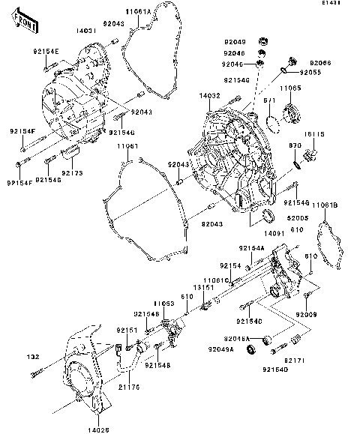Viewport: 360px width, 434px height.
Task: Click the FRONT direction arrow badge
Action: click(27, 22)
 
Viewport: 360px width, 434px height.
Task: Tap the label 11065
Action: click(292, 88)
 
